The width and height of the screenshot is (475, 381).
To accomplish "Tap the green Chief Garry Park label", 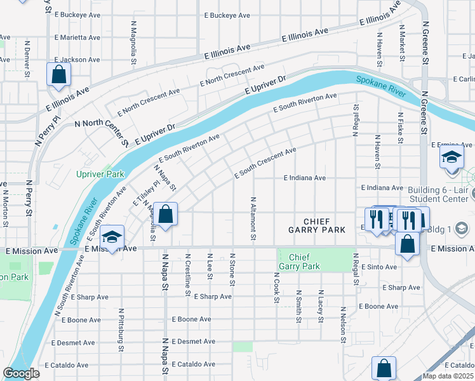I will click(300, 262).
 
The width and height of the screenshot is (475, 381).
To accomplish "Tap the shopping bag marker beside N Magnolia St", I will click(165, 215).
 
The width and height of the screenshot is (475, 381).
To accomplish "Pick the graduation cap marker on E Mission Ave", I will click(112, 239).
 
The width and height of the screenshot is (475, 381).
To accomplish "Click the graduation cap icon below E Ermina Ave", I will click(452, 157).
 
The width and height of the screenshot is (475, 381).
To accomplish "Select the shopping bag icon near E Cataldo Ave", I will click(384, 368).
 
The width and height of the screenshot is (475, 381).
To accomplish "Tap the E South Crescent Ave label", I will click(265, 163).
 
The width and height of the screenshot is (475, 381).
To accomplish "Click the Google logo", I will click(22, 373).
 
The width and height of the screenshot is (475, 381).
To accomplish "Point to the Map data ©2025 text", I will click(448, 376).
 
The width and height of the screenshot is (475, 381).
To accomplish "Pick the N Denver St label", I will click(27, 60).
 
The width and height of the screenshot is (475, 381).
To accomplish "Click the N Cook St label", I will click(277, 288).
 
